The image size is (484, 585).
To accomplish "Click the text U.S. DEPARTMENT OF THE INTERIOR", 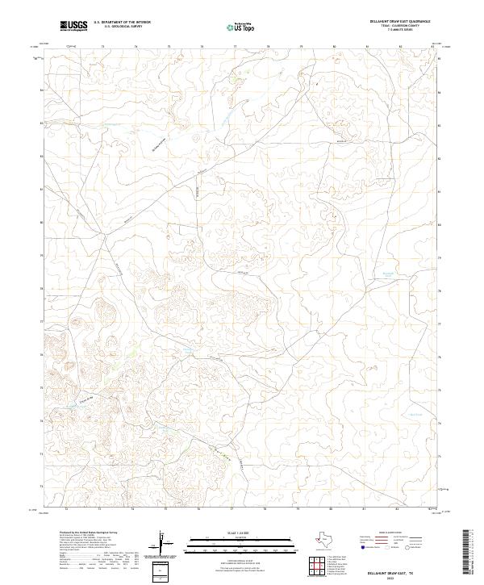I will coord(122,23).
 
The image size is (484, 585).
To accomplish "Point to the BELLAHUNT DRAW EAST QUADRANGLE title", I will coord(405,22).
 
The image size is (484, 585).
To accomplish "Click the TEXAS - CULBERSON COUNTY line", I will coord(405,27).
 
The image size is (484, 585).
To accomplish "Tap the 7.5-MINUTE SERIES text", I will coord(405,31).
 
